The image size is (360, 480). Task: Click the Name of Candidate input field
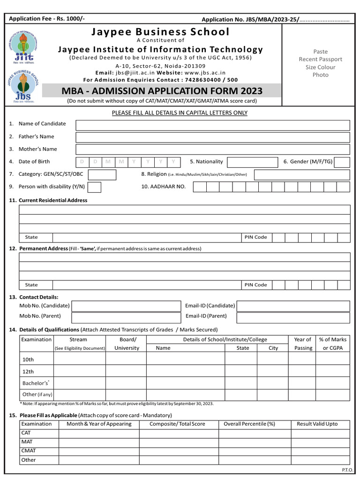click(213, 125)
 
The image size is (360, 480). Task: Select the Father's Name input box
click(213, 137)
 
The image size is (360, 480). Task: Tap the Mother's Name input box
click(213, 150)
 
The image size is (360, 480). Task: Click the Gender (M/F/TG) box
click(342, 162)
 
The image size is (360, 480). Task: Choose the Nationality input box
click(252, 162)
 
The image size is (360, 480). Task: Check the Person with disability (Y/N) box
click(94, 187)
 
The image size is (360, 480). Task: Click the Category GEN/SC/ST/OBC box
click(102, 175)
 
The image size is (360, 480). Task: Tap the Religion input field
click(302, 175)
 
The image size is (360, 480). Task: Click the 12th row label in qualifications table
click(29, 371)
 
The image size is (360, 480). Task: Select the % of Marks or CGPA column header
click(332, 344)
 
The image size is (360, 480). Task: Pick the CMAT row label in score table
click(28, 450)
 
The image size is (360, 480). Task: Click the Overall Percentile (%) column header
click(249, 424)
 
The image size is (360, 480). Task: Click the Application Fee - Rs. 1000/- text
click(47, 19)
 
